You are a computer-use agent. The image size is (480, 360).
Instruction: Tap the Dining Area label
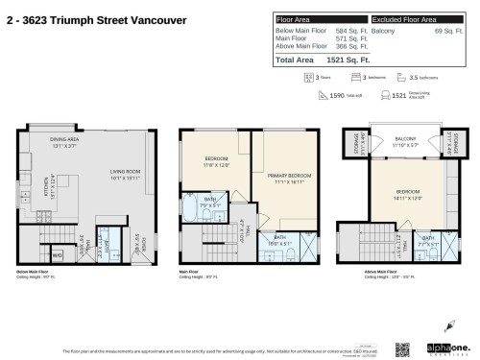pyautogui.click(x=63, y=143)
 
